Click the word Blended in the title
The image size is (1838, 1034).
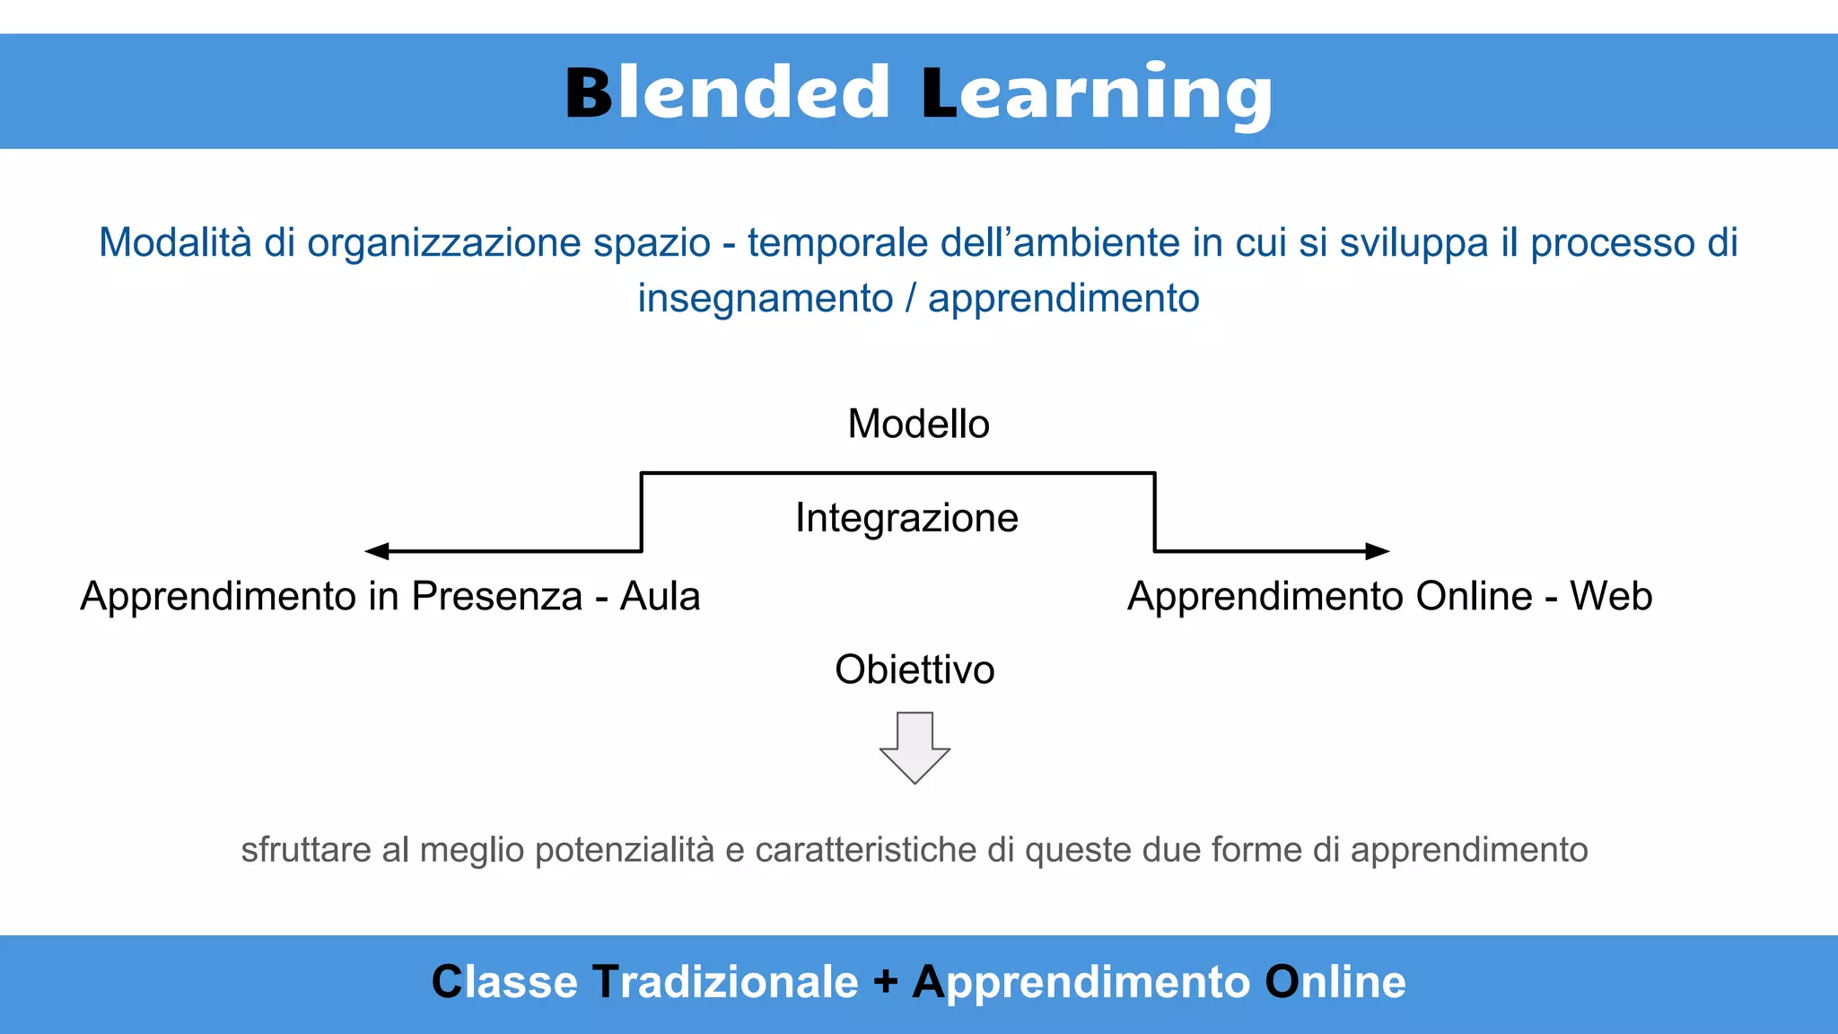coord(727,92)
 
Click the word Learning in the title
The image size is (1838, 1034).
coord(1097,94)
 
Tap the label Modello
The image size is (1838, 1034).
coord(918,424)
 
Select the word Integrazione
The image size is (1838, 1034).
coord(906,518)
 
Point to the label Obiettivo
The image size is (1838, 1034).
coord(915,670)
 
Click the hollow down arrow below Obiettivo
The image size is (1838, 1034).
coord(915,748)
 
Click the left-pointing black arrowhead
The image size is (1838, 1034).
coord(377,551)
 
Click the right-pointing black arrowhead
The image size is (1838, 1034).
coord(1377,551)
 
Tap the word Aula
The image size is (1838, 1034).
coord(660,597)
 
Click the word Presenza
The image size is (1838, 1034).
coord(497,597)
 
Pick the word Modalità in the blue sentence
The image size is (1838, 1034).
coord(175,242)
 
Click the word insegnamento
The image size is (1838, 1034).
coord(765,299)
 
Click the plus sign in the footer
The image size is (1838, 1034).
coord(885,981)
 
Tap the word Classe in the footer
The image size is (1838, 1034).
coord(504,982)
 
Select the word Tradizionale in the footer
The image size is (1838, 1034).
coord(725,982)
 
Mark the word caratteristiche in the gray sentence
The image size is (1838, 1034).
coord(866,850)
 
